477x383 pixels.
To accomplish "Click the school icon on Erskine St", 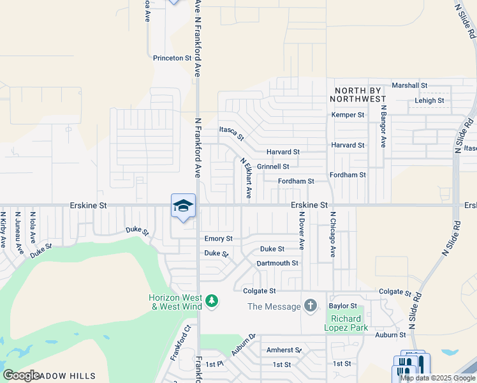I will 183,206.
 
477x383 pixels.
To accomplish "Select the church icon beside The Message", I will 311,306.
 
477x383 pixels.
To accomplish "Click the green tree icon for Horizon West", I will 212,300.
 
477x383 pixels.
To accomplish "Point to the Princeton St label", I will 172,57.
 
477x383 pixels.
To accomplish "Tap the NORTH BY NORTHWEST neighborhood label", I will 359,95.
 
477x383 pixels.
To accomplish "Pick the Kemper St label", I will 348,115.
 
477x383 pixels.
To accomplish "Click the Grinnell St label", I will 273,167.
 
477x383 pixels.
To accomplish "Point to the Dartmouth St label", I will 277,263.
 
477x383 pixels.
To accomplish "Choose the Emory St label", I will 218,239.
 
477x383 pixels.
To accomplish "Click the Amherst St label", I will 284,350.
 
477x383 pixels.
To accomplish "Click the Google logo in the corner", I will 21,375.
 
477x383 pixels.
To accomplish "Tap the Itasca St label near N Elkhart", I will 231,133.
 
